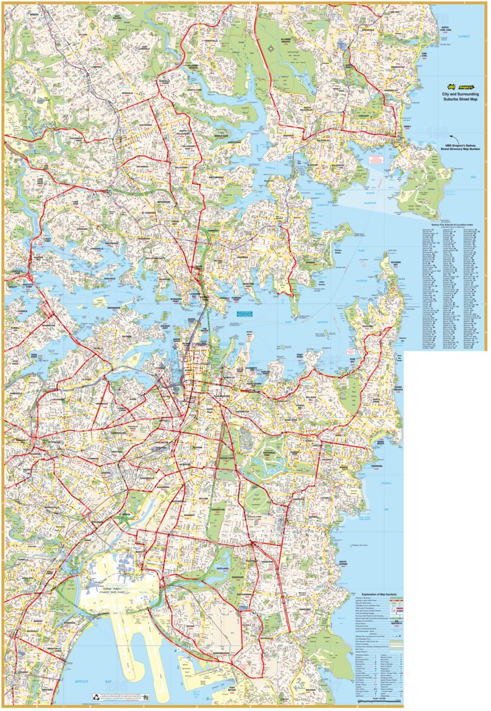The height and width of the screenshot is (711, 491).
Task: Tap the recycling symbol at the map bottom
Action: pos(144,697)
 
